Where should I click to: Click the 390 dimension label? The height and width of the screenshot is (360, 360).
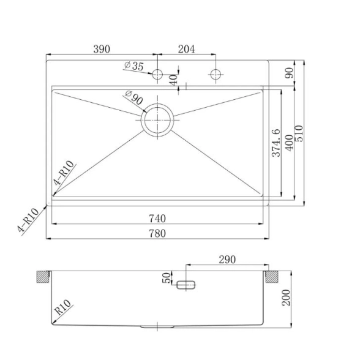[102, 49]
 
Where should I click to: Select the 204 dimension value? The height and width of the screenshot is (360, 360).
[186, 49]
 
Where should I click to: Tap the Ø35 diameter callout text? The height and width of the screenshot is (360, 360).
[133, 66]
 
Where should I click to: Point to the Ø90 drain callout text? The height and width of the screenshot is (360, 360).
[134, 97]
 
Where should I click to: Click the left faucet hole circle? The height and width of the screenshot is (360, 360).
[157, 74]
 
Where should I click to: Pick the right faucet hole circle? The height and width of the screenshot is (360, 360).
[216, 74]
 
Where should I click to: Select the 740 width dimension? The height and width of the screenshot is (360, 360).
[157, 219]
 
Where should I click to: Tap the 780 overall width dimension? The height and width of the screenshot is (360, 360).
[157, 233]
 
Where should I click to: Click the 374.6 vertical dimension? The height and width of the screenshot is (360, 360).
[276, 143]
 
